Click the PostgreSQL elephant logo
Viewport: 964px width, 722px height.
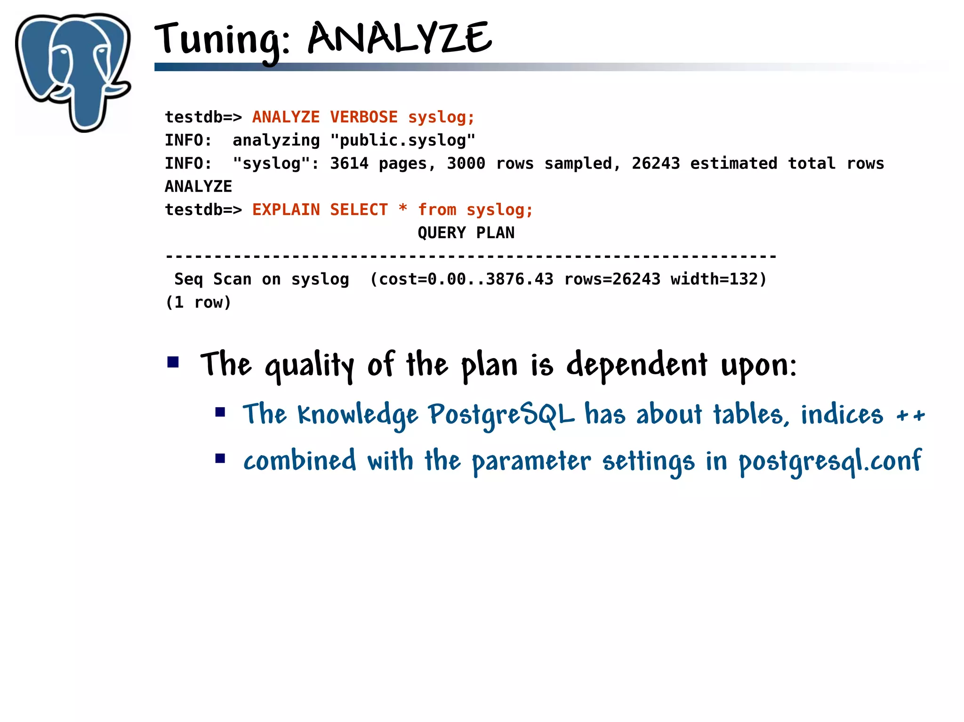[x=73, y=71]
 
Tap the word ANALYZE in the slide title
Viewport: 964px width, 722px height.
[x=400, y=39]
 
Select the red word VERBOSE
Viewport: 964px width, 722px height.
[x=363, y=117]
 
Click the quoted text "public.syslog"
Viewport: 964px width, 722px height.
[x=403, y=140]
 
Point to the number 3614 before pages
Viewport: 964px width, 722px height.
[x=349, y=163]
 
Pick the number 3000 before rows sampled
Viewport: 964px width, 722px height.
[x=466, y=163]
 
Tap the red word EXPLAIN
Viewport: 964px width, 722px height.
[x=286, y=209]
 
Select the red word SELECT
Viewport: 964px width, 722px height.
[x=359, y=209]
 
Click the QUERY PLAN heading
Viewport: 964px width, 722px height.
[x=466, y=233]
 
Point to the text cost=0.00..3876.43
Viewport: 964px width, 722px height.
[x=466, y=279]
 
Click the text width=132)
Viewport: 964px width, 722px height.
[x=719, y=279]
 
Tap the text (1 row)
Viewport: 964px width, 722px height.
[x=198, y=302]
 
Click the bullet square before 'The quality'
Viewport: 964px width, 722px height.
[x=173, y=362]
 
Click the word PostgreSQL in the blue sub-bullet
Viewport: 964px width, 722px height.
[x=501, y=415]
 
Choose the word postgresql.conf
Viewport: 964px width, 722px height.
[x=830, y=461]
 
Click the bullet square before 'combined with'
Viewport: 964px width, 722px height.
[x=220, y=458]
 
